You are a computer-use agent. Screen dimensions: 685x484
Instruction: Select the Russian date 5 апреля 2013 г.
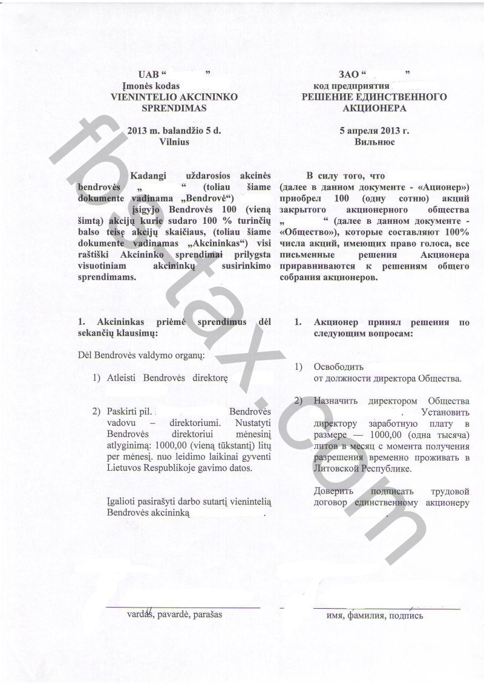[x=374, y=130]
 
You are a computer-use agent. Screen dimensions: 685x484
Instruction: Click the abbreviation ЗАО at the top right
[x=349, y=75]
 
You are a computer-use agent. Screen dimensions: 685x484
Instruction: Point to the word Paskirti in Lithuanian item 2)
[x=120, y=411]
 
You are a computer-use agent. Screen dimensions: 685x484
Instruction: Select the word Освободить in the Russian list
[x=338, y=367]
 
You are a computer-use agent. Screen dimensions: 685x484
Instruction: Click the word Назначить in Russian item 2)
[x=336, y=401]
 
